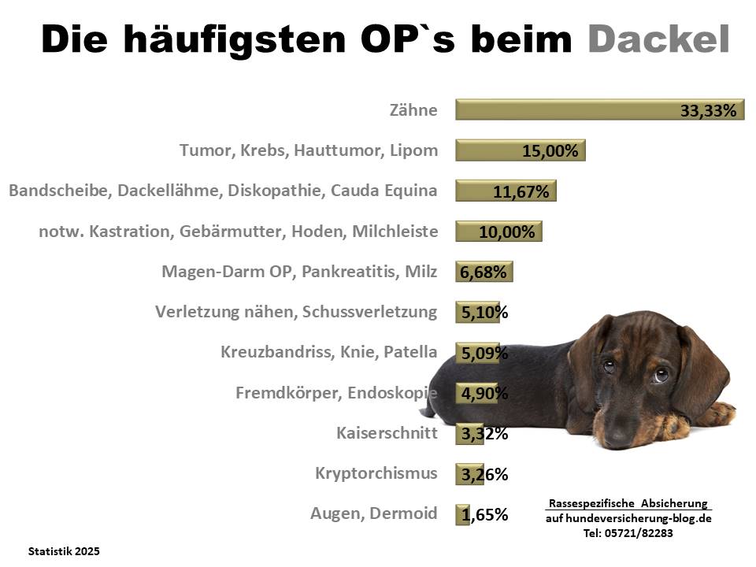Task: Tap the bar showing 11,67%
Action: click(x=506, y=191)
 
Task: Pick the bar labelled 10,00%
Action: click(x=498, y=232)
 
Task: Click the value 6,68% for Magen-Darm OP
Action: click(x=484, y=272)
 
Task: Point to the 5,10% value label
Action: click(x=484, y=313)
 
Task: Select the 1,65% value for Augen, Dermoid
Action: click(x=484, y=515)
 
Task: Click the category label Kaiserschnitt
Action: click(x=386, y=432)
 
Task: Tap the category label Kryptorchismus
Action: click(x=376, y=473)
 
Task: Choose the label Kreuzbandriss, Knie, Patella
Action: click(x=329, y=352)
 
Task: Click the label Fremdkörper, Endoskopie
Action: click(x=336, y=392)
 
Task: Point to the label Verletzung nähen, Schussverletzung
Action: click(x=296, y=312)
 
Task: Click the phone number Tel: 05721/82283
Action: click(x=628, y=533)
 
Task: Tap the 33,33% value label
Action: click(x=709, y=111)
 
